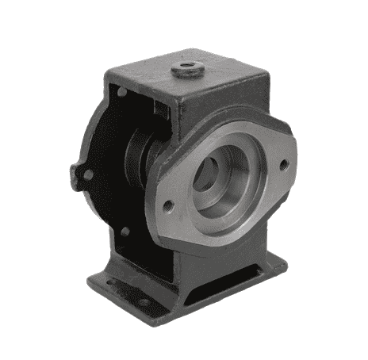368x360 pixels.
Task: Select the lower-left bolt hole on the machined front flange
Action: pyautogui.click(x=168, y=206)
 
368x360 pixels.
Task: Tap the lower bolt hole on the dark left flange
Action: pyautogui.click(x=124, y=232)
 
